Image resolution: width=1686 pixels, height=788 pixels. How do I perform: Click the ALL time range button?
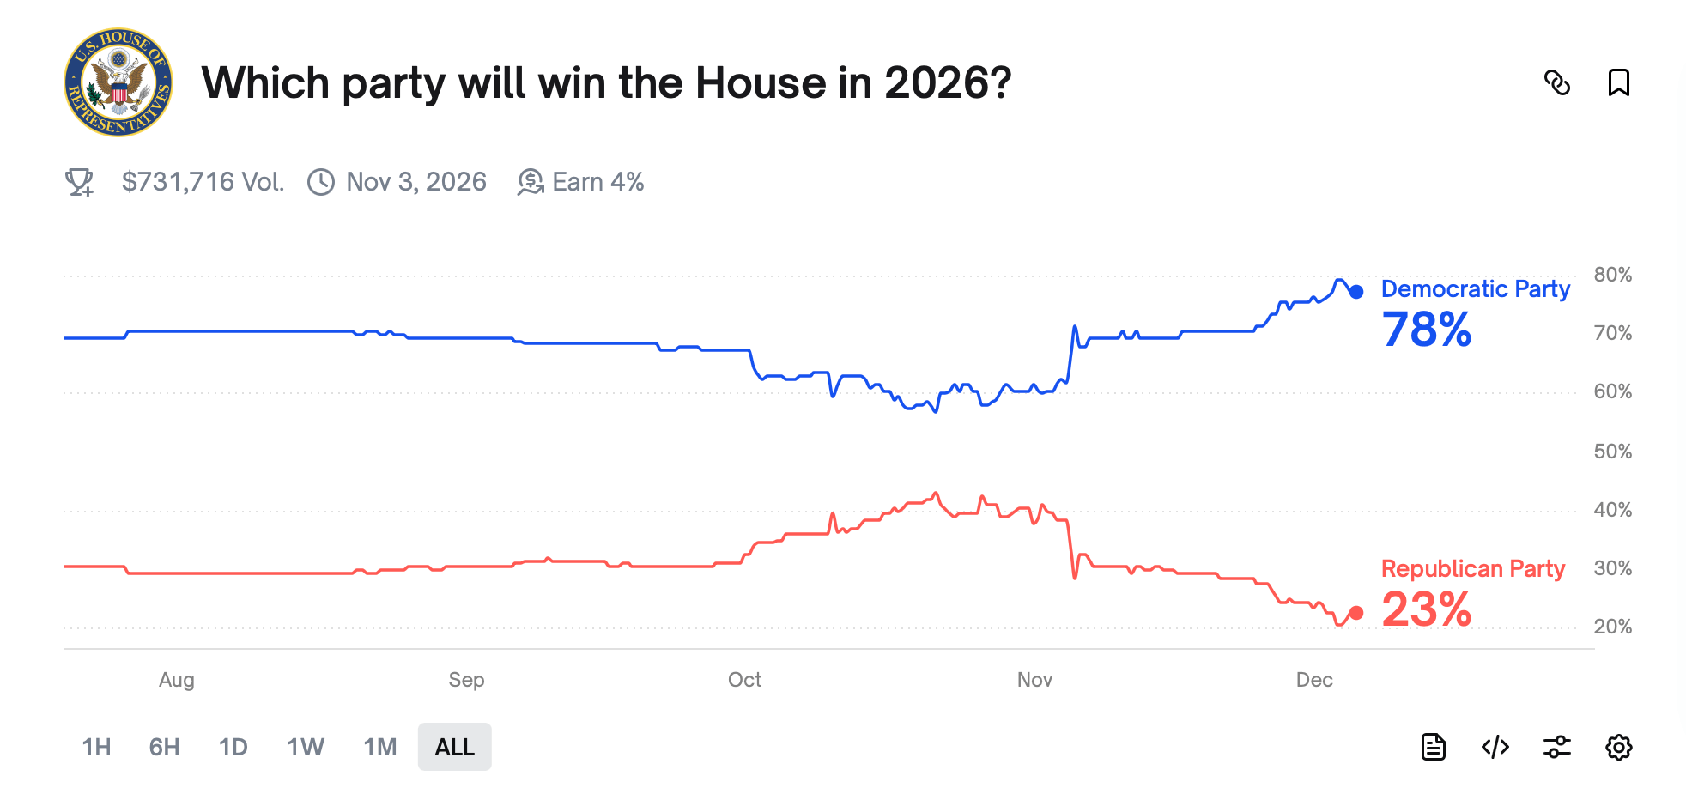coord(454,747)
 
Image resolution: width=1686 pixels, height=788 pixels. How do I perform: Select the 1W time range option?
coord(306,747)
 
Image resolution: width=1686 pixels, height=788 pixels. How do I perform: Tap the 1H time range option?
coord(96,747)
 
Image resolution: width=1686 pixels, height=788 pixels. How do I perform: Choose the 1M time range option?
coord(379,747)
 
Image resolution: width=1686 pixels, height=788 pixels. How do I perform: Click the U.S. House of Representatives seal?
coord(118,82)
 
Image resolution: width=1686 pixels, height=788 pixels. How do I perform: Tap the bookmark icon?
coord(1618,82)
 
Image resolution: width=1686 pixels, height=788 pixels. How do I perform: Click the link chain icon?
coord(1556,82)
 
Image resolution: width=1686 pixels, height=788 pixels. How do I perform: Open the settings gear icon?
coord(1618,747)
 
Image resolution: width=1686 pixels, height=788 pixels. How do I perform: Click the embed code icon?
coord(1495,747)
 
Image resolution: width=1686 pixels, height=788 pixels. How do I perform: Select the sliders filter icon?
coord(1556,747)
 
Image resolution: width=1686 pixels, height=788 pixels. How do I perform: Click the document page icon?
coord(1433,747)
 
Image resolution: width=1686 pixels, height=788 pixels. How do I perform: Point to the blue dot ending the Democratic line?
coord(1356,292)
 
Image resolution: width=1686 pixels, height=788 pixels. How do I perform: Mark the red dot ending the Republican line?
coord(1356,613)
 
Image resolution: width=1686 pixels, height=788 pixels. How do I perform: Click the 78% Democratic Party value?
coord(1426,330)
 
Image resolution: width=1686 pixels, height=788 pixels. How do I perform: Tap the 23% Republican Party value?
coord(1426,609)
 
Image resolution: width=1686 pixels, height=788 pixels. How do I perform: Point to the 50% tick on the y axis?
coord(1612,452)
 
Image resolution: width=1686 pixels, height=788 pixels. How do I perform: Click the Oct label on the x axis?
coord(744,680)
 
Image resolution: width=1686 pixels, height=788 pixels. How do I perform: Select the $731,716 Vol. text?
coord(203,182)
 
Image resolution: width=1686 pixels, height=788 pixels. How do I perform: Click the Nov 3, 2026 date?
coord(415,182)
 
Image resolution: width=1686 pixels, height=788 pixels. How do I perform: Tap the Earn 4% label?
coord(597,182)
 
